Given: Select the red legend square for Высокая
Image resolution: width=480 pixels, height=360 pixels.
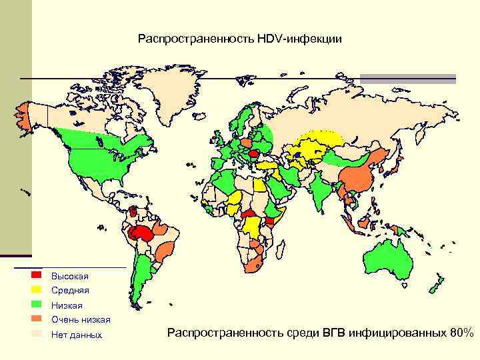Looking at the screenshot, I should (x=37, y=275).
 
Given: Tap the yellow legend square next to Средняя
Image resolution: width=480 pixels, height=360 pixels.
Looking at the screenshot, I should (x=37, y=289).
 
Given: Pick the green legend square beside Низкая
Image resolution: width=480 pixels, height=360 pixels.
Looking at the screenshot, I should (x=37, y=304).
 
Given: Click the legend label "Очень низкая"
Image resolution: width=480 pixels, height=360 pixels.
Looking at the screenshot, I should (x=81, y=320).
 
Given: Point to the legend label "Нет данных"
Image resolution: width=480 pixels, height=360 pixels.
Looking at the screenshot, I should (x=77, y=335).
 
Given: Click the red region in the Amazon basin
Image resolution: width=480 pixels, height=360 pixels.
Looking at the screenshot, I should (x=142, y=232).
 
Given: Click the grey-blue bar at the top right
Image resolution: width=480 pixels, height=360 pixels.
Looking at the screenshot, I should (x=408, y=78).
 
